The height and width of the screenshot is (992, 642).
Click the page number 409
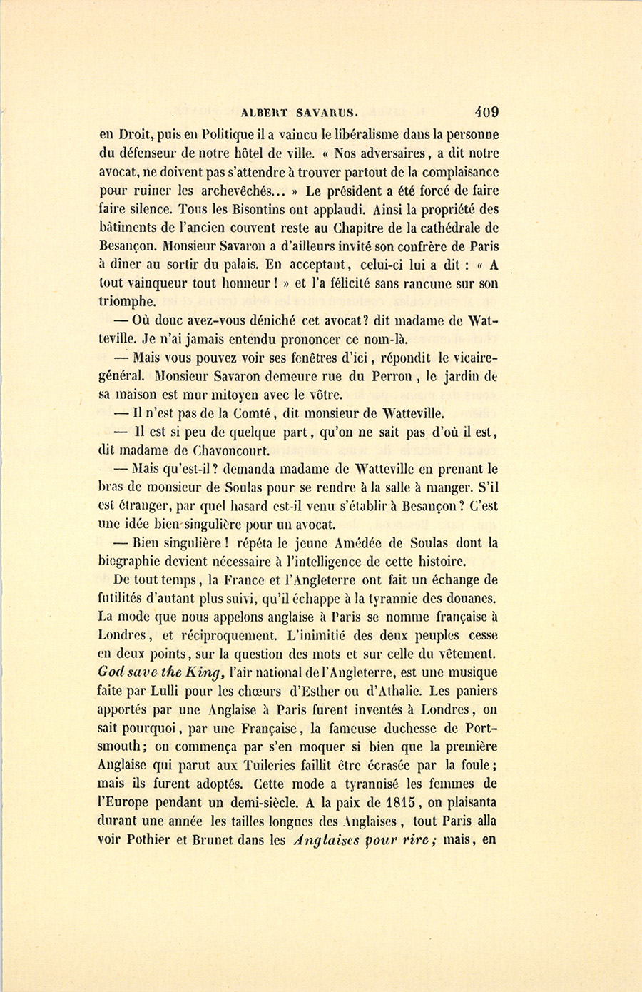485,111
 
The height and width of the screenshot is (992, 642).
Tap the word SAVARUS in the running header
327,112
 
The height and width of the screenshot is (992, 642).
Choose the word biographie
134,562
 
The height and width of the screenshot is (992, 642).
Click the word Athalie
394,691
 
